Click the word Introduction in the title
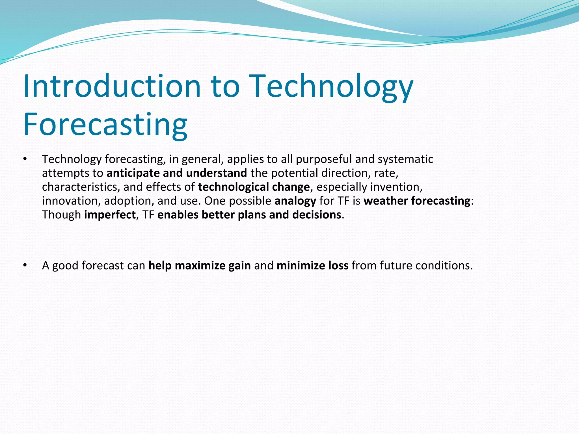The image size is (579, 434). pos(112,86)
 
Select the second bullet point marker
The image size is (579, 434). pos(25,265)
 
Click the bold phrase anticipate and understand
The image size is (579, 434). pos(177,173)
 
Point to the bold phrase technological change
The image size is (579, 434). pos(254,187)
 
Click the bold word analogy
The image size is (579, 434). pos(295,201)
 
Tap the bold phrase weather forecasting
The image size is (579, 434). pos(417,201)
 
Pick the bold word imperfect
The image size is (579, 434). pos(110,215)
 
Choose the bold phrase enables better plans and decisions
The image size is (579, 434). pos(249,215)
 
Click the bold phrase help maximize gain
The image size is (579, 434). pos(200,266)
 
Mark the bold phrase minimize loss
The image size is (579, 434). pos(312,266)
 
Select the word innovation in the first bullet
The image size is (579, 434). pos(71,201)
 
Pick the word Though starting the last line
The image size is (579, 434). pos(61,215)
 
